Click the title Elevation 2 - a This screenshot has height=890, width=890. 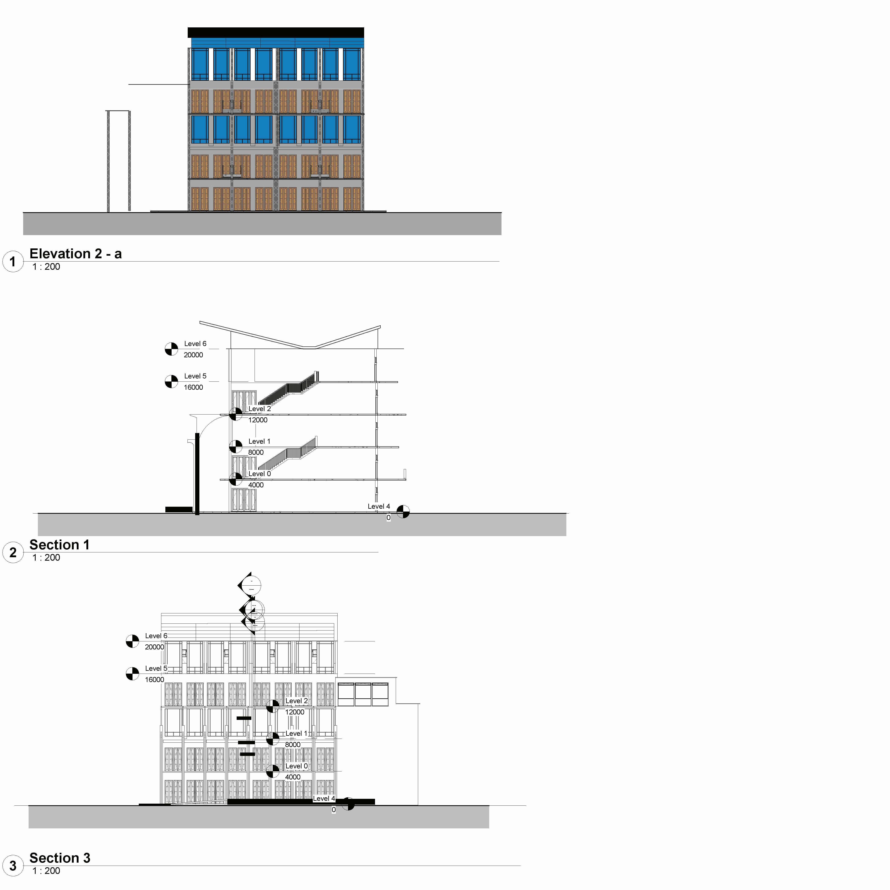(76, 254)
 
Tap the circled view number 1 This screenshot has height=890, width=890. (13, 262)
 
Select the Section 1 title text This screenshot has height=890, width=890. (59, 545)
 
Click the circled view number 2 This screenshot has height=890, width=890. (13, 552)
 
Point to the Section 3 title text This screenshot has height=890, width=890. (60, 858)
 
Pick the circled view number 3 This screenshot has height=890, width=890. (13, 866)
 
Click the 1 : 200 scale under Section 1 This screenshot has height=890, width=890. (46, 558)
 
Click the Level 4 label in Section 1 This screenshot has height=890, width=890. (379, 506)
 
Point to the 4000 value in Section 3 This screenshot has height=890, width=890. (293, 777)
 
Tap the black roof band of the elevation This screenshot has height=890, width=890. (276, 33)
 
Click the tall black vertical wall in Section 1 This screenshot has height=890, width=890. (197, 473)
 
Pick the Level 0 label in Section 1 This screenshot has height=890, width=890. (259, 474)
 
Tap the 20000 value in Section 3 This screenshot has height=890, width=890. (154, 647)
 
